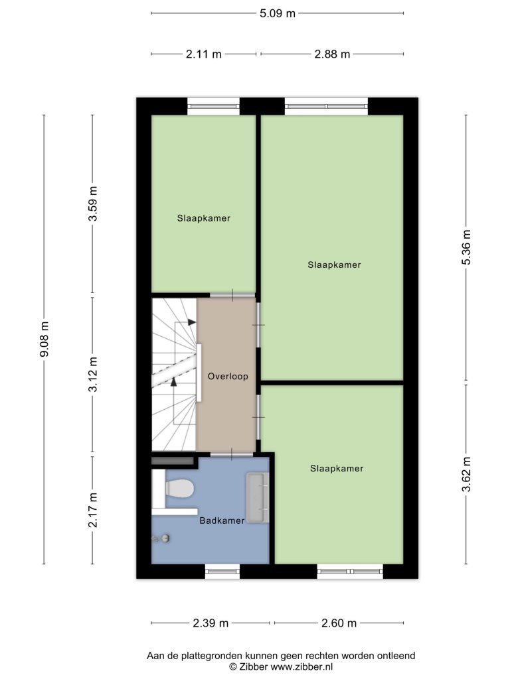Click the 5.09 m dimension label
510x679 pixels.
[x=278, y=13]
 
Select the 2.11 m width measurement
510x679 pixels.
[x=203, y=54]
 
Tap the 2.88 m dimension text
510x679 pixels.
[x=332, y=54]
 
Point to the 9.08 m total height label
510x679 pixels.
[x=44, y=339]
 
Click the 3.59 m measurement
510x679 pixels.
[x=93, y=204]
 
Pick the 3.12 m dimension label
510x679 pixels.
[x=93, y=375]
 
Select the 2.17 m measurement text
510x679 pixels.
[x=93, y=510]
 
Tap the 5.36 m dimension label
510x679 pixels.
[x=466, y=247]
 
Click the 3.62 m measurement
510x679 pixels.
[x=466, y=475]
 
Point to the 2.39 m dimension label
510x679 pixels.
[x=211, y=623]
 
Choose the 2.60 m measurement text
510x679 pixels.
[x=339, y=623]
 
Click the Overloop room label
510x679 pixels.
[x=228, y=377]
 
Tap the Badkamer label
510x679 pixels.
[x=222, y=521]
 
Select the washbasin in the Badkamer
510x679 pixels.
[x=258, y=497]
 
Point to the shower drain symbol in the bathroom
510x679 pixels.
[x=165, y=538]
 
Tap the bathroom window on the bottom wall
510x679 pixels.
[x=222, y=571]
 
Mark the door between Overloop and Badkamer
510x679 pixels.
[x=232, y=454]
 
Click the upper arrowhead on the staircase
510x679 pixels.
[x=192, y=322]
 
